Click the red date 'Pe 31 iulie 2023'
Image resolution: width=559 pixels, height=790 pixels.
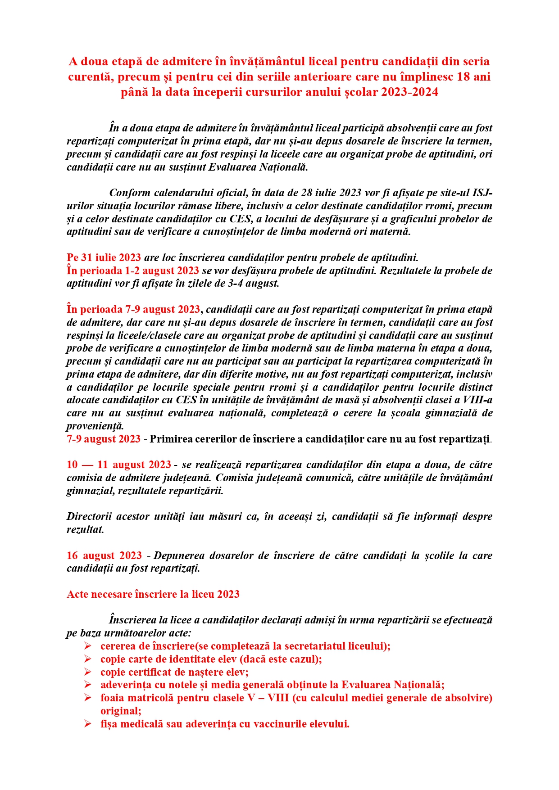(104, 257)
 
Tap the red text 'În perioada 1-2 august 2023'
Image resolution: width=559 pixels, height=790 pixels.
(133, 271)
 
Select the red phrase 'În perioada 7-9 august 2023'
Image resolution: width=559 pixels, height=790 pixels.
(133, 309)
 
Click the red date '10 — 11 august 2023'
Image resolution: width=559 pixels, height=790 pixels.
(119, 465)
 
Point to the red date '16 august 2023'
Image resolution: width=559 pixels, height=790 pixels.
(104, 555)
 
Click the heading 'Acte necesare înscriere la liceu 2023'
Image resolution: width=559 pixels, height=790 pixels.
(153, 594)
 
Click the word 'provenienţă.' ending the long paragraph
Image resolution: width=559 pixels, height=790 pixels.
(95, 426)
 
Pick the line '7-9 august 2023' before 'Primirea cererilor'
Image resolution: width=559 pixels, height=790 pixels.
(104, 439)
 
